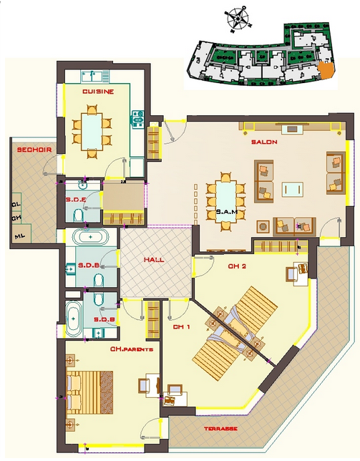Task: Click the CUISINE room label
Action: point(98,92)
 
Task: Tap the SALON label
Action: point(264,142)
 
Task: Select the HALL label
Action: point(154,260)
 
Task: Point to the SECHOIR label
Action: point(34,150)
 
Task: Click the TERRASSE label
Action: point(220,429)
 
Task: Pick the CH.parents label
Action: point(132,349)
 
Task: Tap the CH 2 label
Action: point(237,266)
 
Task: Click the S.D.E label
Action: point(76,199)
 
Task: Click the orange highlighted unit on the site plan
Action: point(326,70)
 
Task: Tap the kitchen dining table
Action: point(92,132)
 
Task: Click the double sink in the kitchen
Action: point(94,77)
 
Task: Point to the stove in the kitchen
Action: point(137,119)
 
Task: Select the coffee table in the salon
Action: point(293,189)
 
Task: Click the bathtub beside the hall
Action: point(90,236)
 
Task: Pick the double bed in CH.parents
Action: point(89,392)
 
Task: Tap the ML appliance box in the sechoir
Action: point(22,234)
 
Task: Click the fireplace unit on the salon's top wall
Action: point(292,129)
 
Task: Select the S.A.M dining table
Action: point(225,201)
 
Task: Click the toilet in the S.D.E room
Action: point(78,215)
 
